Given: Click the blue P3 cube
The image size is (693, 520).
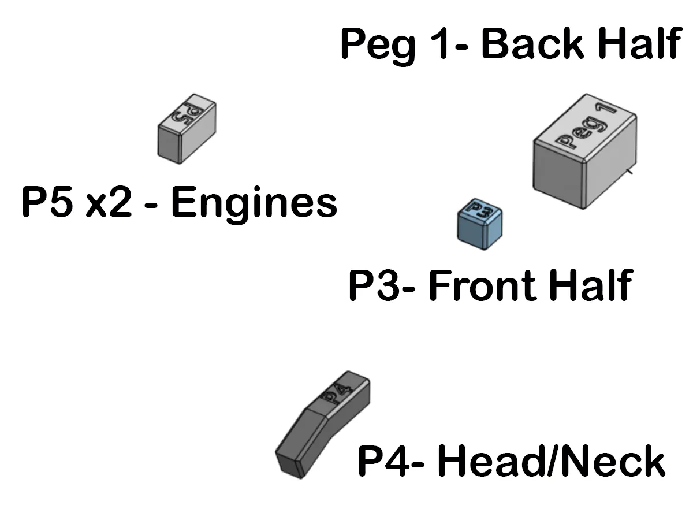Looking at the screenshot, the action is [x=479, y=224].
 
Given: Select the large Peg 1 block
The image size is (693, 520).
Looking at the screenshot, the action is [x=584, y=151].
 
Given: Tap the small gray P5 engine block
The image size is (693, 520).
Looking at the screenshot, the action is [x=187, y=129].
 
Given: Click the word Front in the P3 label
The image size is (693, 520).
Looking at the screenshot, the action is [x=482, y=285].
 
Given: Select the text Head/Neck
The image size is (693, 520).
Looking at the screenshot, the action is [x=552, y=460].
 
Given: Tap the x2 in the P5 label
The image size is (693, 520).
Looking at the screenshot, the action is [x=109, y=202].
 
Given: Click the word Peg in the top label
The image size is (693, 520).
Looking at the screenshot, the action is [x=378, y=46].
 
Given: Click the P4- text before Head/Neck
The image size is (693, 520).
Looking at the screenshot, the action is [x=391, y=461].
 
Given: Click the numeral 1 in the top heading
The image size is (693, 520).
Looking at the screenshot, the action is [x=441, y=43].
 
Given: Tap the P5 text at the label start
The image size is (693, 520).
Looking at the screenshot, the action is [x=47, y=202].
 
